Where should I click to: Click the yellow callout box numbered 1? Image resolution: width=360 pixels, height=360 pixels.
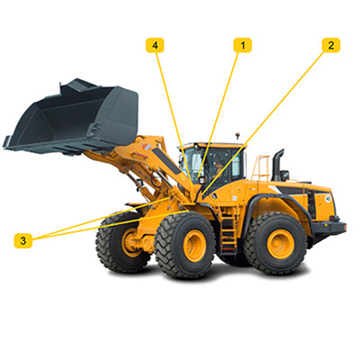(x=243, y=45)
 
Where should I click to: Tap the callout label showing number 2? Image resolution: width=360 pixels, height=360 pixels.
(x=331, y=45)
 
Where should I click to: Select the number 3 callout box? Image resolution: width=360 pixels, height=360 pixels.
(x=23, y=240)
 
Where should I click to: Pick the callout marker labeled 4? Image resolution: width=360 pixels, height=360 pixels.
(x=155, y=45)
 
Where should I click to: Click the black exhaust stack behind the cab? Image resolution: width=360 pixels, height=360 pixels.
(x=277, y=165)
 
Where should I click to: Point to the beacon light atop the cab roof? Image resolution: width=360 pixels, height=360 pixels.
(x=238, y=135)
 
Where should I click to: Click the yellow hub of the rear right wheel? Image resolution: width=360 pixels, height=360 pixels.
(x=281, y=244)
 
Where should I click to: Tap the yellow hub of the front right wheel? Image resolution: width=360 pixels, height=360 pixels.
(x=194, y=246)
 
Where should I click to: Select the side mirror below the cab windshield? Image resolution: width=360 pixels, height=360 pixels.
(x=202, y=180)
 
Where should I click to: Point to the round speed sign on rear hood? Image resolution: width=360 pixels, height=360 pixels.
(x=328, y=199)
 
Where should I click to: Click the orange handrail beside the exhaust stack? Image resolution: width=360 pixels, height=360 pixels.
(x=260, y=168)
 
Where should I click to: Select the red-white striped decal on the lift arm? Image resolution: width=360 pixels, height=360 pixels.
(x=147, y=148)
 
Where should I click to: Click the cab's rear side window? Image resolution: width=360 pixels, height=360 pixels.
(x=236, y=166)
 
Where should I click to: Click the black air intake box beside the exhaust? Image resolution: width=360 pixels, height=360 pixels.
(x=284, y=175)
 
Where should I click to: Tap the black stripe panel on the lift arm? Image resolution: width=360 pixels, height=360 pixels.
(x=166, y=160)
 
